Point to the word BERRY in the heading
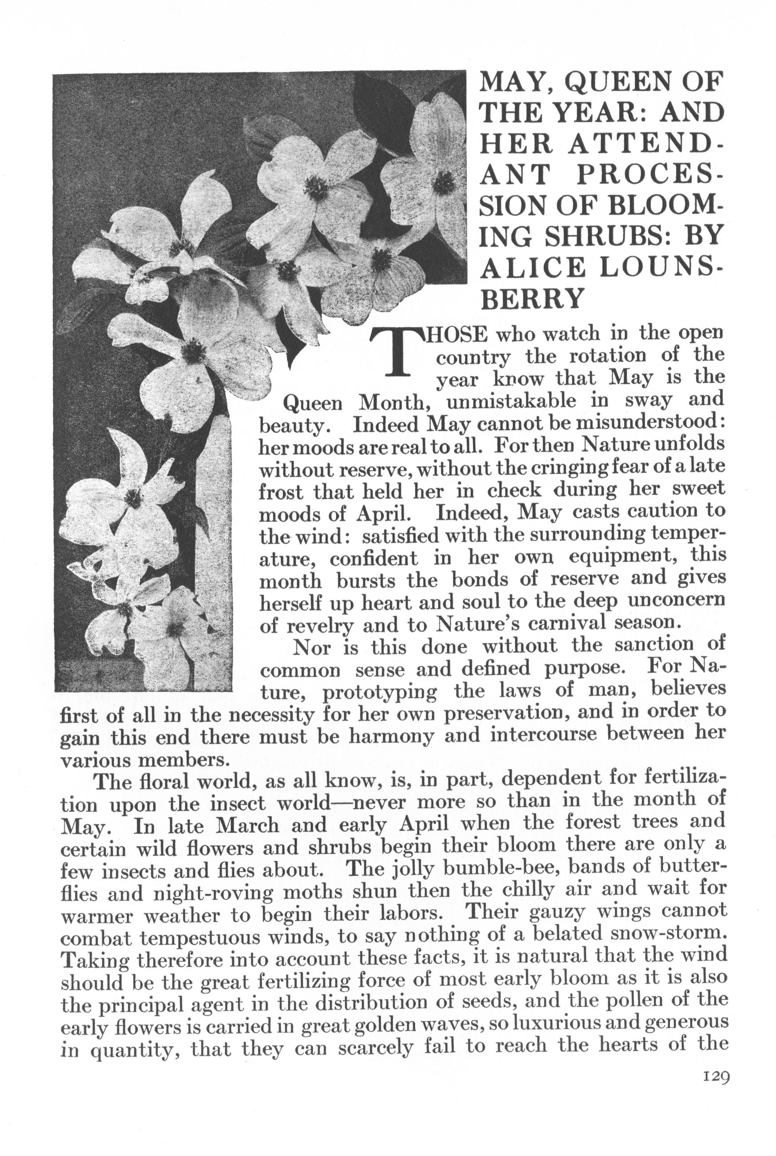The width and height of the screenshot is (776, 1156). (530, 298)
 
